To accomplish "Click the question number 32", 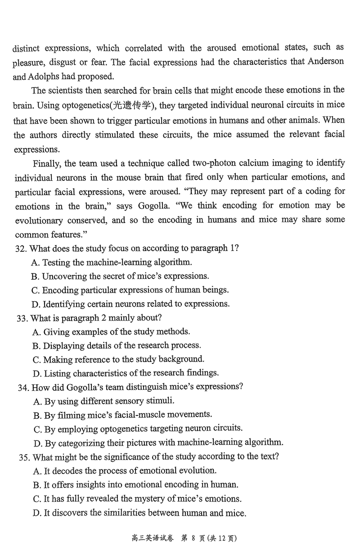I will click(21, 248).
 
